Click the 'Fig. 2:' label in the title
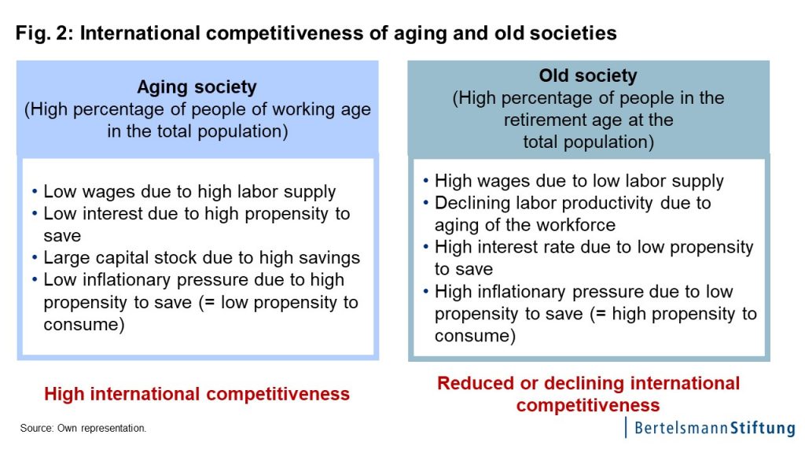[45, 33]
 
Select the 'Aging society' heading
[197, 87]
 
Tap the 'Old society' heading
[588, 75]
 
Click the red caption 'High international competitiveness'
[197, 394]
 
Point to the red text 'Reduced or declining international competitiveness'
[588, 394]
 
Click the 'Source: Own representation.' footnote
[83, 428]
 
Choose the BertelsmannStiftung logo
[710, 428]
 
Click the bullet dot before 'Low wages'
[35, 192]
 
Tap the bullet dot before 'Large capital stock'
[35, 257]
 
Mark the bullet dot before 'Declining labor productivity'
[425, 203]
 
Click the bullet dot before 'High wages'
[425, 181]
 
